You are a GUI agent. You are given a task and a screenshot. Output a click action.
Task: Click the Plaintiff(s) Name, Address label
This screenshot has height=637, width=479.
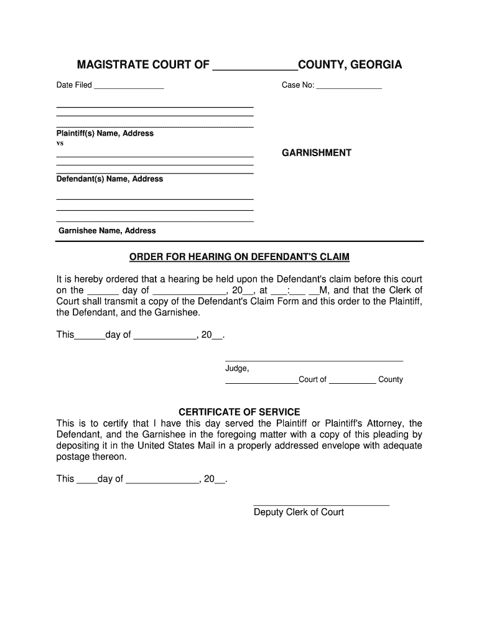click(105, 134)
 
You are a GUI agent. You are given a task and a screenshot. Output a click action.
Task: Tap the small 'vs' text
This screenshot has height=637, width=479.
click(60, 143)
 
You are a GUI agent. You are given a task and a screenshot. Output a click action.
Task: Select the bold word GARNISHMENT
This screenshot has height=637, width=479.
click(317, 153)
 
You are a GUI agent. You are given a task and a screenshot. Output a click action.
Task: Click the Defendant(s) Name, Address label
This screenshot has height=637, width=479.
click(109, 179)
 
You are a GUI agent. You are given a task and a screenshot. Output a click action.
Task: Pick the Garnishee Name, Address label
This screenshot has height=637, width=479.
click(107, 231)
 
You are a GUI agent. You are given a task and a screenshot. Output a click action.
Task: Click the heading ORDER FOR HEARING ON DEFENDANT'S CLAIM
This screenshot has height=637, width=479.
click(240, 257)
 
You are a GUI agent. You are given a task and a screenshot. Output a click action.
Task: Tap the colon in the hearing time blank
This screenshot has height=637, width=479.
click(289, 290)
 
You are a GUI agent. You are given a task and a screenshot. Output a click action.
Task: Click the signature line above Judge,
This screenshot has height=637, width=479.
click(314, 361)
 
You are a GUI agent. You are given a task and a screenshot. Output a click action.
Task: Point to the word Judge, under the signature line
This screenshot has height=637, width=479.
click(237, 369)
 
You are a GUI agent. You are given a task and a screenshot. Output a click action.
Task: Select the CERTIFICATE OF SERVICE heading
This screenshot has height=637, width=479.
click(240, 412)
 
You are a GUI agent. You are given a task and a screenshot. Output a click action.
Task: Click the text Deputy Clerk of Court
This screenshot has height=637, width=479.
click(299, 513)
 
